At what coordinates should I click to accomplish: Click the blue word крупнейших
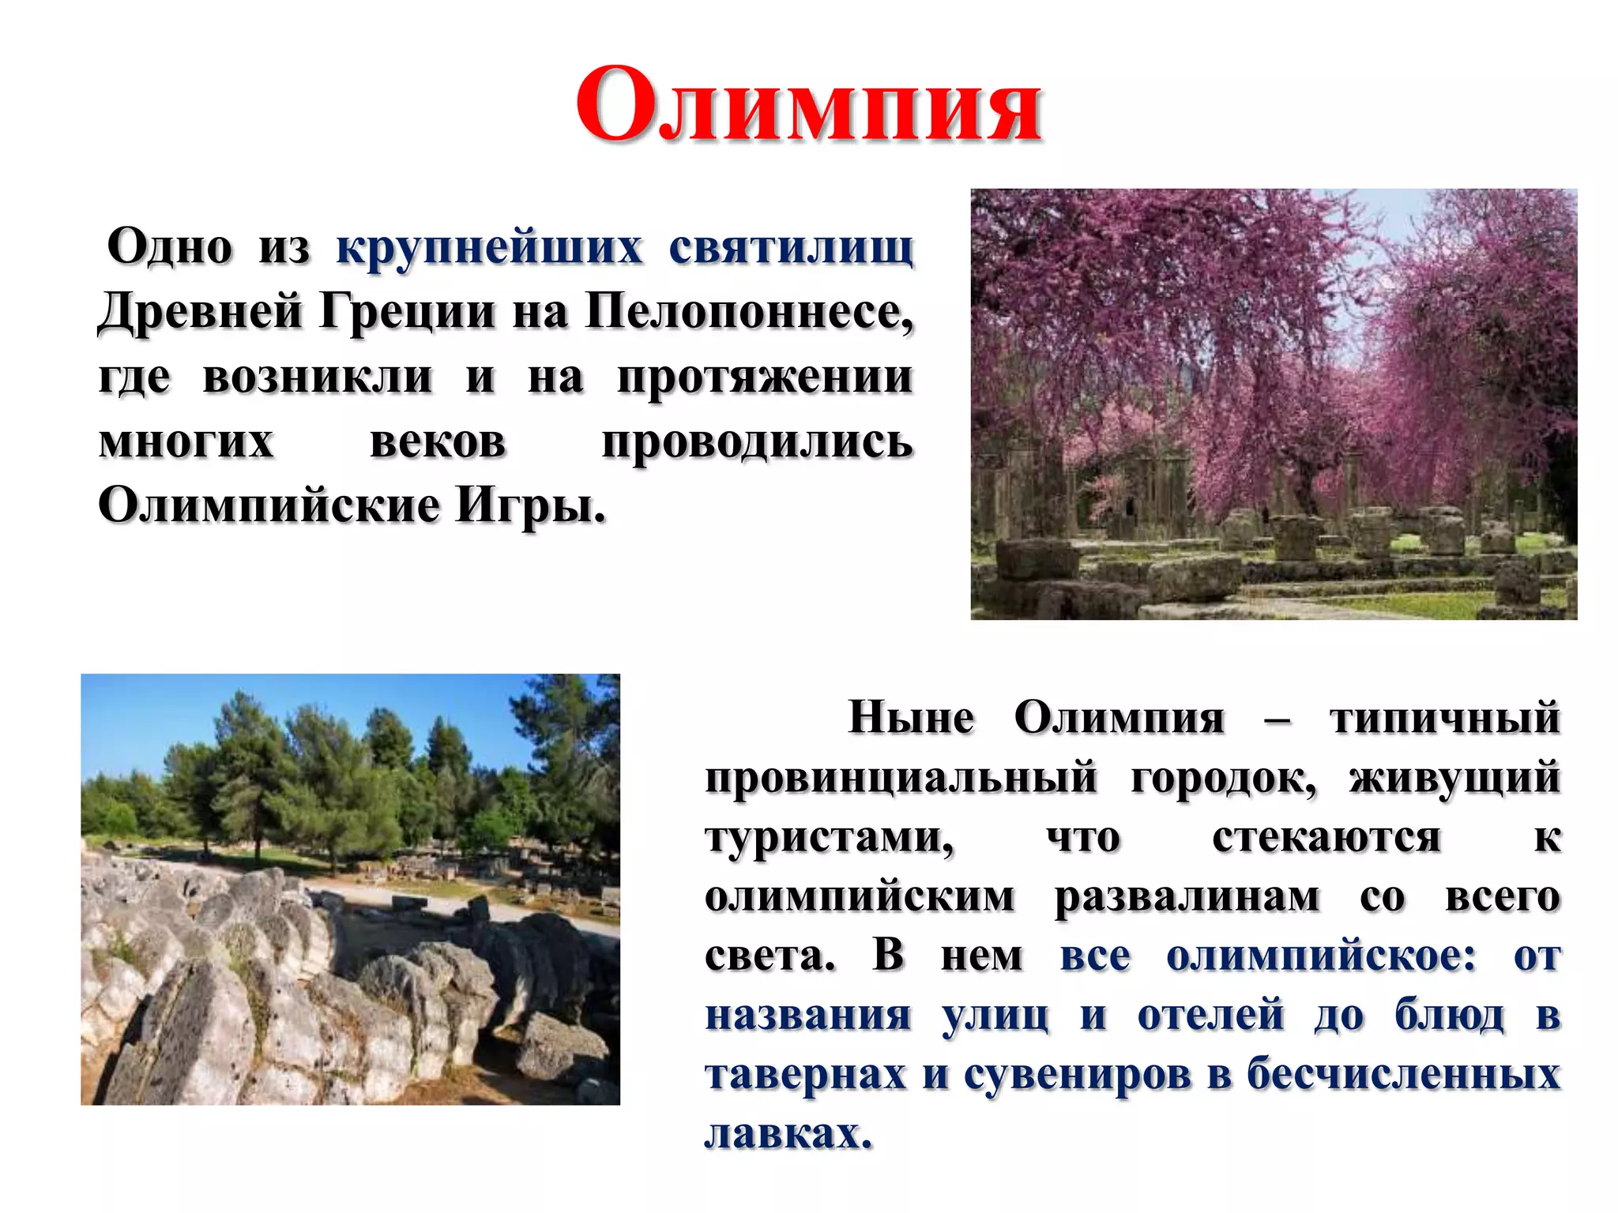489,247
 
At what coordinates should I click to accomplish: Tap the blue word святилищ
791,247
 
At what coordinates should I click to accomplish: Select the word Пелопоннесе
749,312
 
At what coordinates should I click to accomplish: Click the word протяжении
765,377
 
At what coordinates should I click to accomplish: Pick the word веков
438,441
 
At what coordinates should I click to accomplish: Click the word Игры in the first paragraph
530,506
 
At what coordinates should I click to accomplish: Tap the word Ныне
911,719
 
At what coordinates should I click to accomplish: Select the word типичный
1445,719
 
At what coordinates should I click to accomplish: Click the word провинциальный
901,778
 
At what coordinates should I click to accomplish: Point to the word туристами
830,838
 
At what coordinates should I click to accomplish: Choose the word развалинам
1187,897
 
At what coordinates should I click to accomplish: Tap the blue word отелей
1210,1016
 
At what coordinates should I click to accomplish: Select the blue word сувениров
1078,1075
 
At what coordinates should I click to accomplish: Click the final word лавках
788,1134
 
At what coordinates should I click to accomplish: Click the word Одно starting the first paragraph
170,247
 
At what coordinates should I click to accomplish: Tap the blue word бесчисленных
1403,1075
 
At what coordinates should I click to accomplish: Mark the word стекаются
1326,838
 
